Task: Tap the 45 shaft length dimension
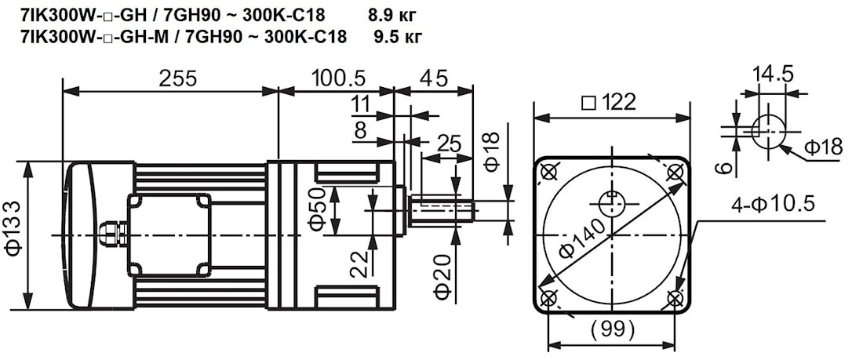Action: [434, 78]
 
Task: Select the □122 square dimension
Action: [610, 103]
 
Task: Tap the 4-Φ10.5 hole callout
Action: [773, 205]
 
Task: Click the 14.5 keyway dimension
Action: [773, 75]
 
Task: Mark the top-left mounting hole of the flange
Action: [548, 171]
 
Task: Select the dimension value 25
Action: [448, 143]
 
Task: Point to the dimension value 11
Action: [360, 104]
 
